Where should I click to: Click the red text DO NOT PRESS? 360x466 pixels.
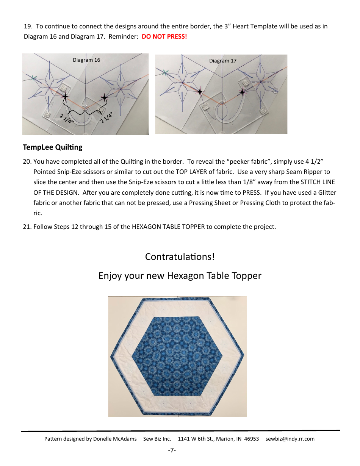click(164, 37)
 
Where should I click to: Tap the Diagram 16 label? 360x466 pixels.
click(86, 60)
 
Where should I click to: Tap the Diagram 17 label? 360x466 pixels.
click(223, 61)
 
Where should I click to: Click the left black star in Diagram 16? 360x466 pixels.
click(65, 97)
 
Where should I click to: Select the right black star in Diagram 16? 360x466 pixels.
click(104, 98)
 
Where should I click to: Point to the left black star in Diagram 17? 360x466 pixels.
click(199, 91)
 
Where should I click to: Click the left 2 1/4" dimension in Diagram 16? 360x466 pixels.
click(66, 118)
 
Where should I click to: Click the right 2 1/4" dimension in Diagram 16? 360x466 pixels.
click(106, 117)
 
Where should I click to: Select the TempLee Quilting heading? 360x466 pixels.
click(52, 147)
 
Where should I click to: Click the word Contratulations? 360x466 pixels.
click(180, 256)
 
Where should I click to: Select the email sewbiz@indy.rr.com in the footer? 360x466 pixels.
click(290, 439)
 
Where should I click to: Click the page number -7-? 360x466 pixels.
click(172, 450)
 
